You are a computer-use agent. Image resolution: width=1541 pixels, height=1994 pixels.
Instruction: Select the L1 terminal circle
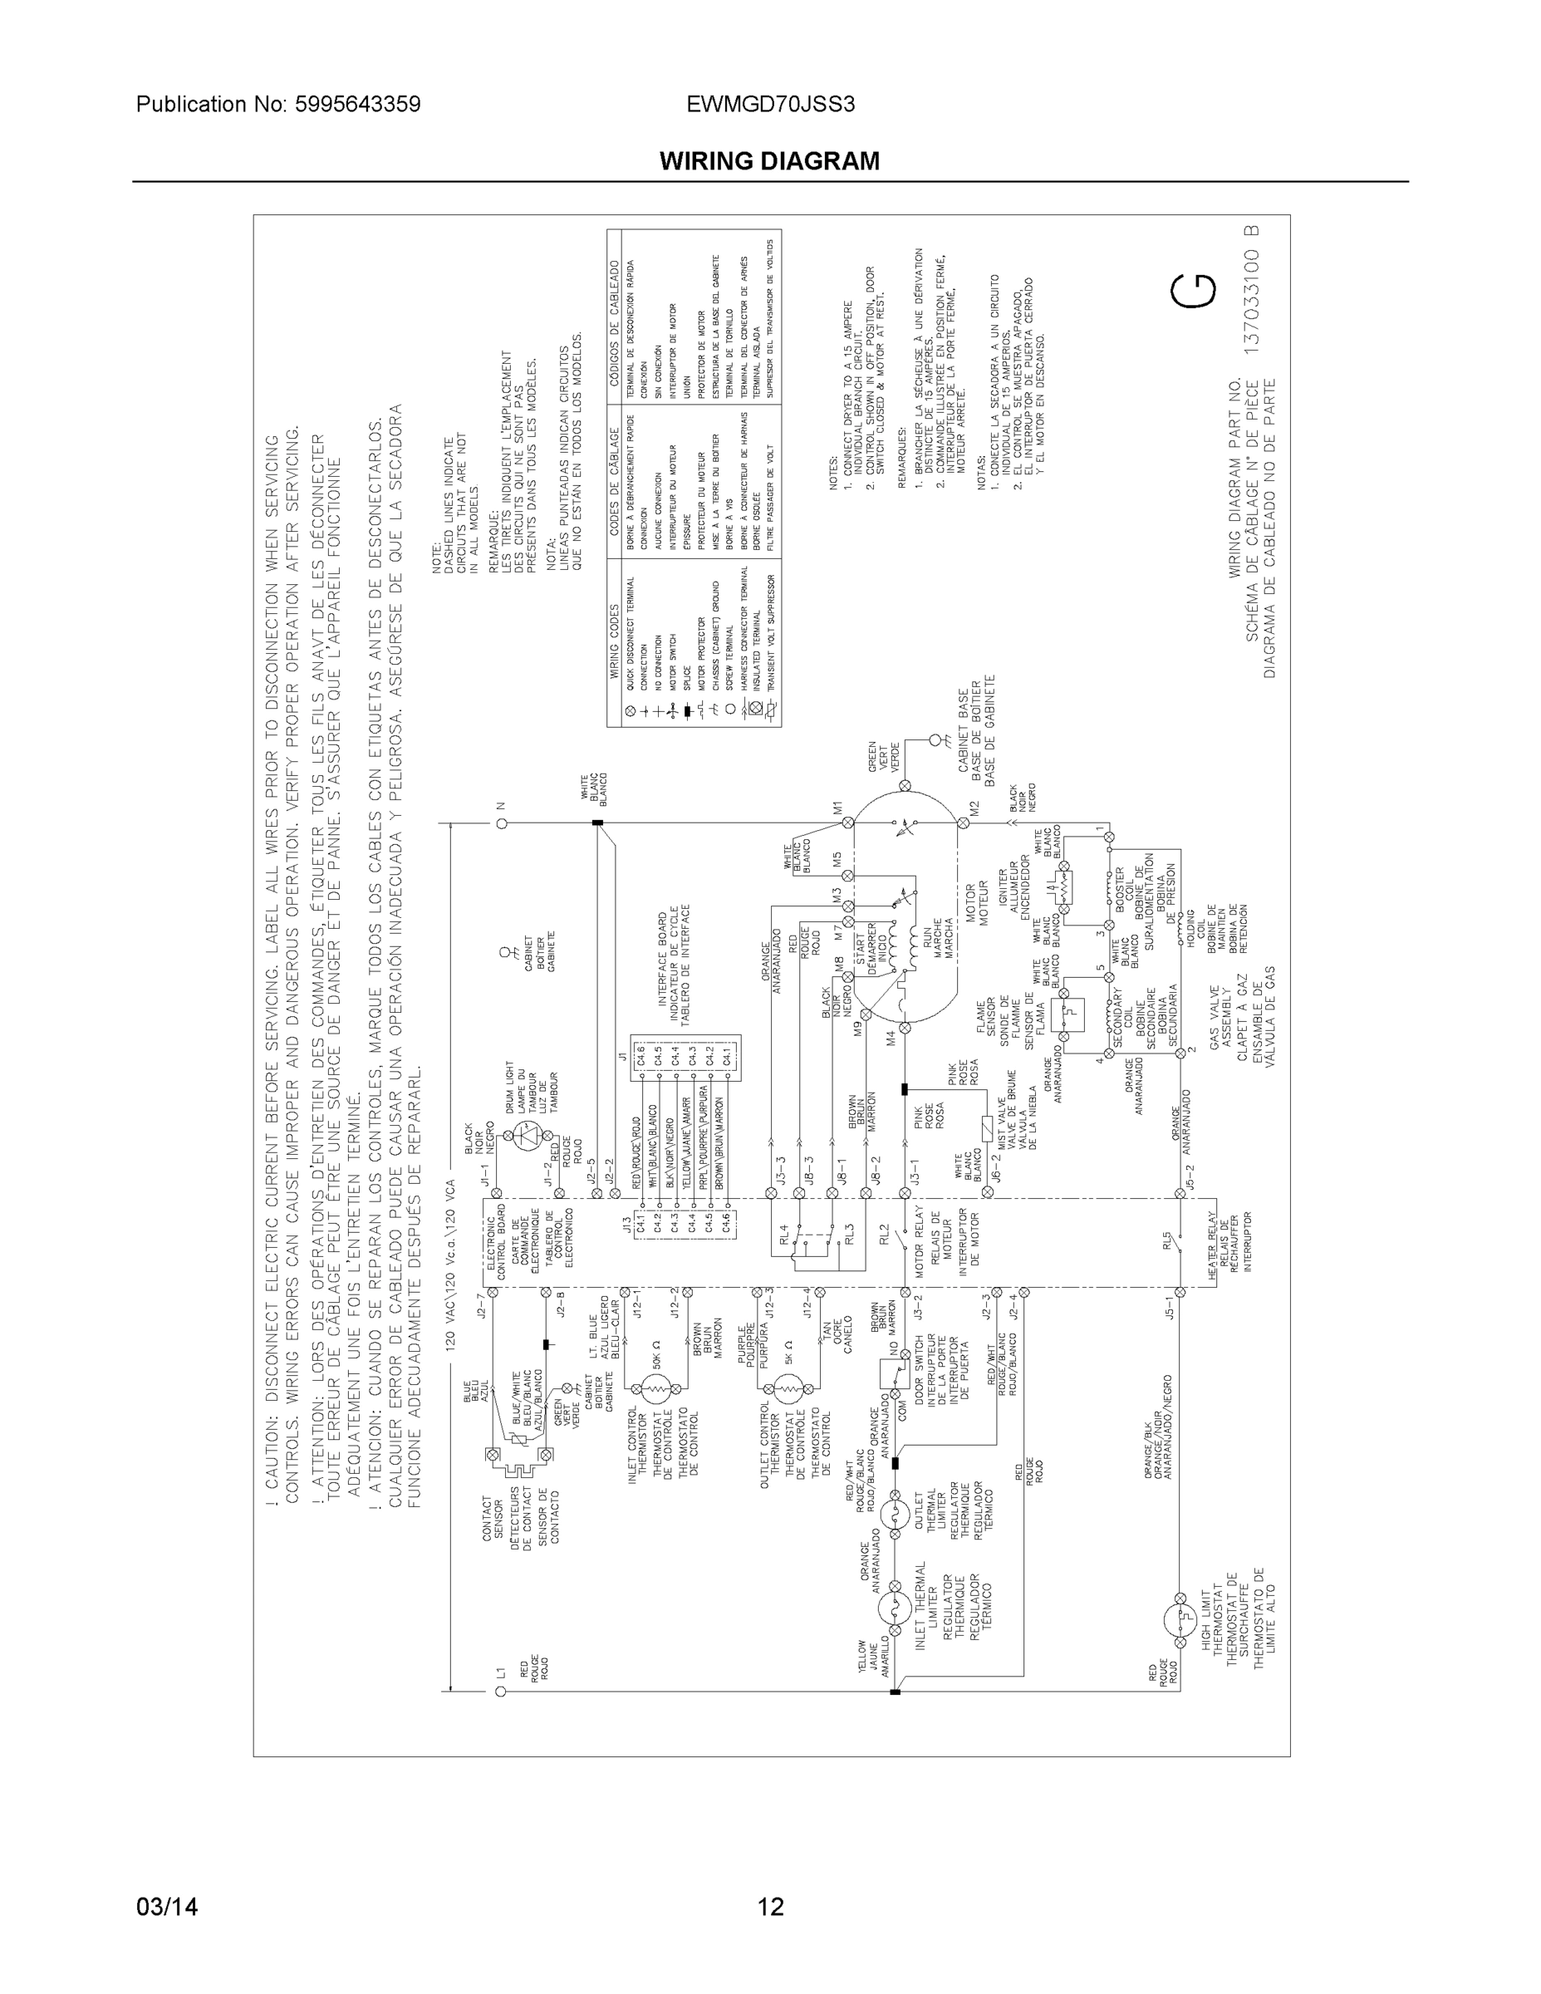point(499,1692)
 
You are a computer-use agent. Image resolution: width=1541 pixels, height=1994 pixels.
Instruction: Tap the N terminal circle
point(501,823)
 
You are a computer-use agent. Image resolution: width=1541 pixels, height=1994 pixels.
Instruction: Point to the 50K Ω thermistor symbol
point(655,1390)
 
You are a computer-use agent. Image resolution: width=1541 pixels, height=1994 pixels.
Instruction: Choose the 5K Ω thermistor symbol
point(787,1390)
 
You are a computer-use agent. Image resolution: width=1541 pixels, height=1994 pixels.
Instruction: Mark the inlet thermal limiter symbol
point(894,1609)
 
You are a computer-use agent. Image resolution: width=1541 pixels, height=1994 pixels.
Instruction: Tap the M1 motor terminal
point(847,823)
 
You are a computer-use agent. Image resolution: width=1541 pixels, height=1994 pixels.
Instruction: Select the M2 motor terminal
point(962,823)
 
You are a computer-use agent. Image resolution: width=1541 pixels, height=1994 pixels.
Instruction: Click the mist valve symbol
point(985,1129)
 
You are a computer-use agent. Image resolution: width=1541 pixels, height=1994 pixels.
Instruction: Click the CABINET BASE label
point(962,730)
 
